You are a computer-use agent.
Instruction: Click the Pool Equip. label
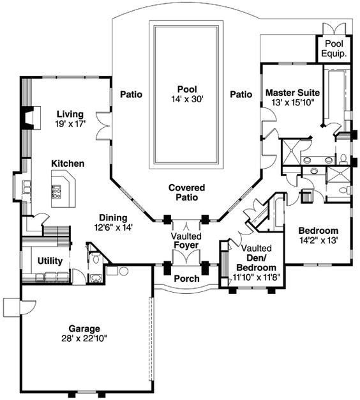335,49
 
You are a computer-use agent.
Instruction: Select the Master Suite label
292,93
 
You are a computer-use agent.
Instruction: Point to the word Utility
49,261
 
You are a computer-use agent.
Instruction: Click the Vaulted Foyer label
186,241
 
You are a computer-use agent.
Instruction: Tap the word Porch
186,279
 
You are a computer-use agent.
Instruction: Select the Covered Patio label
186,192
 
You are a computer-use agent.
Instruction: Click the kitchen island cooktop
57,190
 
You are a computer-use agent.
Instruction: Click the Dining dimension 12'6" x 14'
112,227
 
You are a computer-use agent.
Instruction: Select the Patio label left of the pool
131,94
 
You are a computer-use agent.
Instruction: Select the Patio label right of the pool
241,94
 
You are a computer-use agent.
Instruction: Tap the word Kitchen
68,164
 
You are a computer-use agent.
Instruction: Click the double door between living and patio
103,124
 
